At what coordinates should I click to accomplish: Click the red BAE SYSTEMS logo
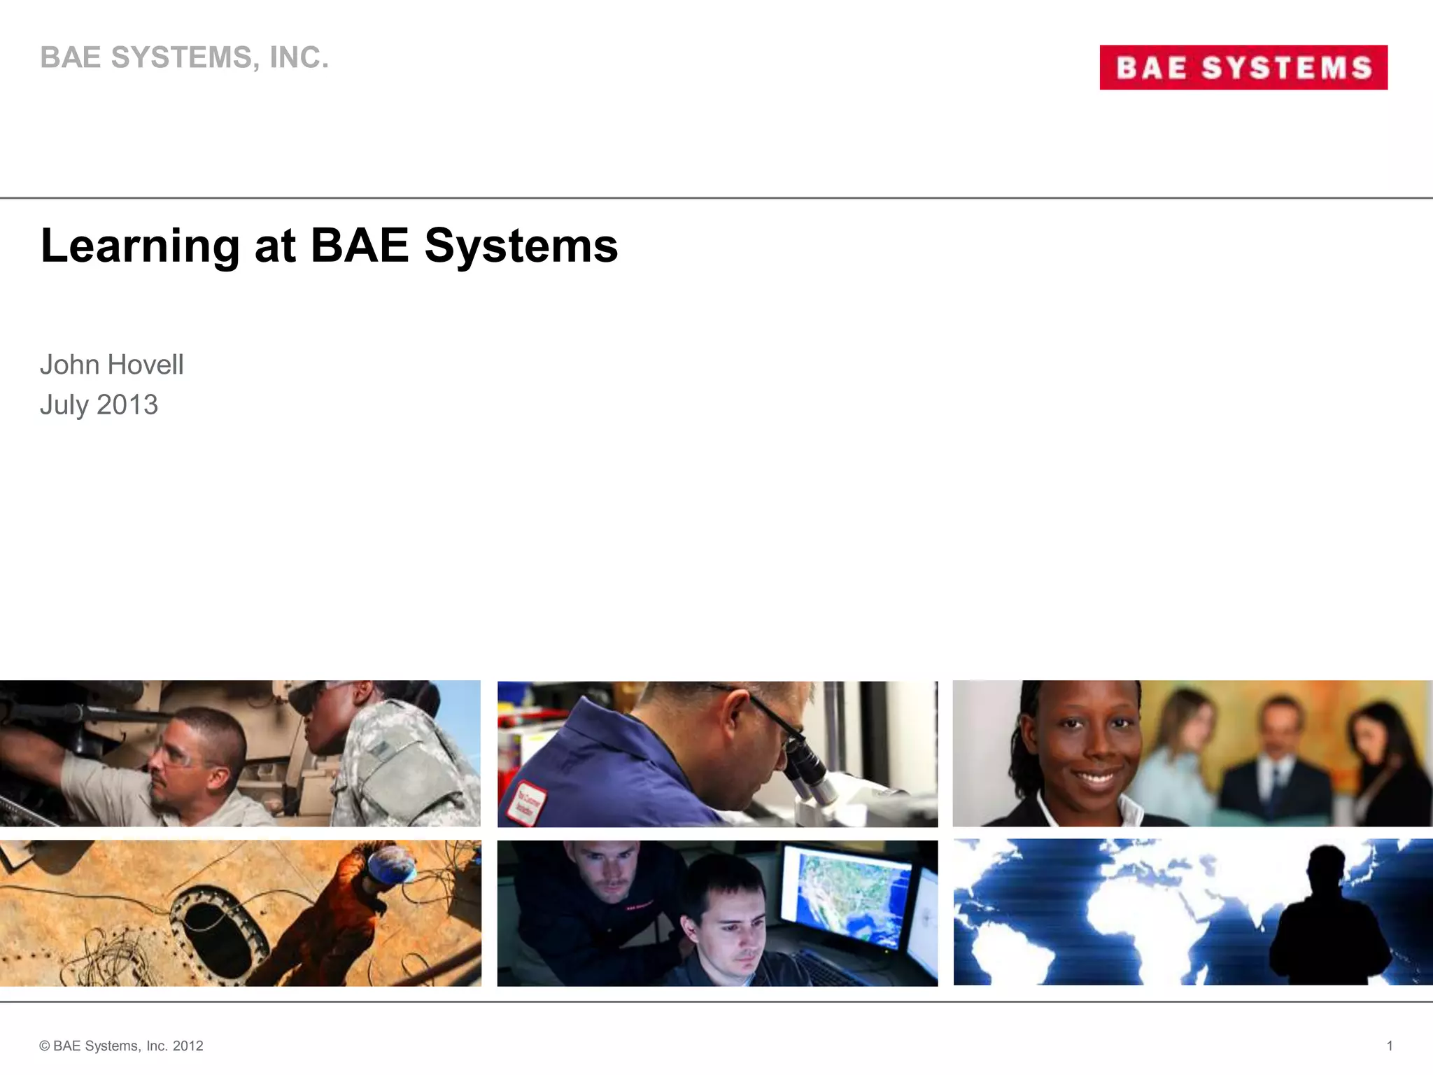coord(1243,67)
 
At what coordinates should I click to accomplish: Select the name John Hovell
coord(112,365)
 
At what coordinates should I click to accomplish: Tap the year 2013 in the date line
coord(127,405)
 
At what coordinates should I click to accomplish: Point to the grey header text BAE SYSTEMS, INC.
coord(184,57)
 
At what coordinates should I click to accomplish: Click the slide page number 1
coord(1390,1046)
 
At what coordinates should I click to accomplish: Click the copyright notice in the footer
coord(121,1046)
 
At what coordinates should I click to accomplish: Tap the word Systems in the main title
coord(521,246)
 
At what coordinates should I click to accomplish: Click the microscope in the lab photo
coord(812,770)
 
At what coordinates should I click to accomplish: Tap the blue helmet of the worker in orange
coord(393,865)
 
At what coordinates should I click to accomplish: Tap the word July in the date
coord(64,405)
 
